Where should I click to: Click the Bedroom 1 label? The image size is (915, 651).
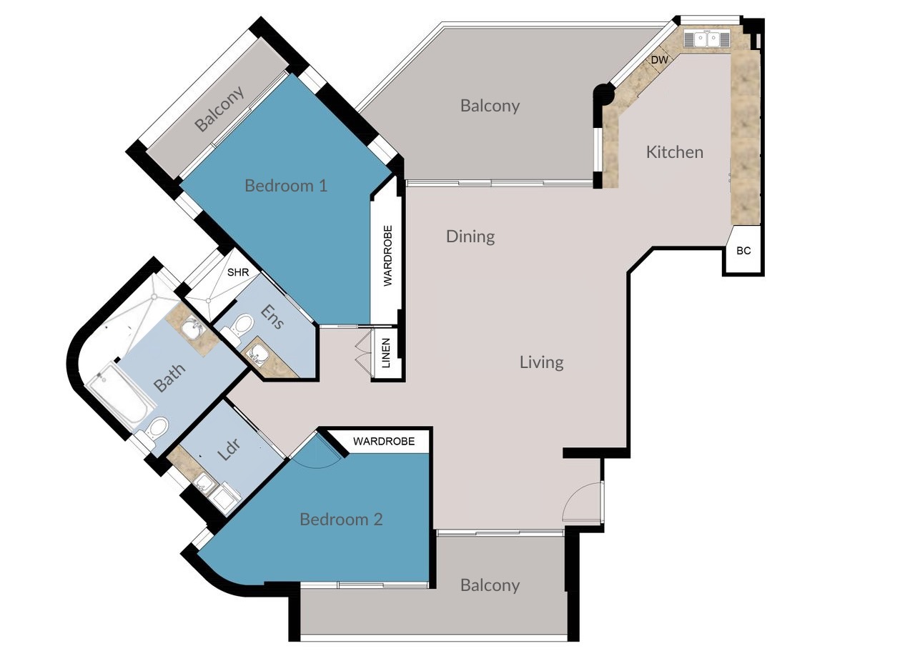point(286,186)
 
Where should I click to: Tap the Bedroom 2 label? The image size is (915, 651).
point(341,519)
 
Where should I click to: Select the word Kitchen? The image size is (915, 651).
point(675,152)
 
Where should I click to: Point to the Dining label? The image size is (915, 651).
point(470,237)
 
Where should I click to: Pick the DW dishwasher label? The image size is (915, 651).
point(659,60)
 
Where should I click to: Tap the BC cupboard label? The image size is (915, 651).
point(743,251)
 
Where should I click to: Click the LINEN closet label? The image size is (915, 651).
point(386,353)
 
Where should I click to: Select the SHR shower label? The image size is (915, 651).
point(238,272)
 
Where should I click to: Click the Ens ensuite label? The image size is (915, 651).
point(272,317)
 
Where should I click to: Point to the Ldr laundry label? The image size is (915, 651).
point(229,449)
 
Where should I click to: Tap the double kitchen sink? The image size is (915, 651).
point(707,39)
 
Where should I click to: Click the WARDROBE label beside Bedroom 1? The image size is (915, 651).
point(387,256)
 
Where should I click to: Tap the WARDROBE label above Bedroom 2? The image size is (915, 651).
point(384,441)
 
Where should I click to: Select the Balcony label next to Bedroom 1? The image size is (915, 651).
point(219,109)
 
